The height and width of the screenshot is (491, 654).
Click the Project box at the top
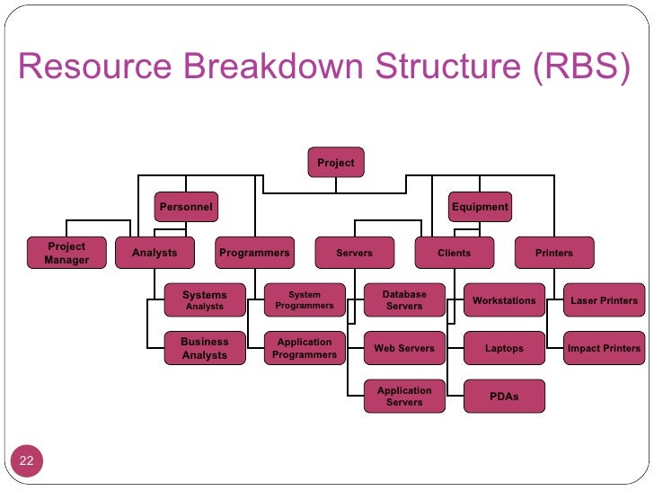pyautogui.click(x=336, y=163)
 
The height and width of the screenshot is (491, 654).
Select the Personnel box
pyautogui.click(x=186, y=207)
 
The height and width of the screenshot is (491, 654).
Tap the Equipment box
pyautogui.click(x=480, y=207)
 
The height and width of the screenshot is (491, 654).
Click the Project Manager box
pyautogui.click(x=66, y=253)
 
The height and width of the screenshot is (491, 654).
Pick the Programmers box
pyautogui.click(x=254, y=253)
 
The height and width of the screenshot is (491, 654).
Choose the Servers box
pyautogui.click(x=354, y=253)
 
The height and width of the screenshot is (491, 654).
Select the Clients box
pyautogui.click(x=454, y=253)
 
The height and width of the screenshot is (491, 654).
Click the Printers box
pyautogui.click(x=553, y=253)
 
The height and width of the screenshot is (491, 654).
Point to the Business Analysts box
pyautogui.click(x=205, y=348)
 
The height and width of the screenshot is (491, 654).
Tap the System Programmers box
pyautogui.click(x=305, y=300)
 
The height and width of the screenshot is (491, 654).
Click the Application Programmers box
pyautogui.click(x=305, y=348)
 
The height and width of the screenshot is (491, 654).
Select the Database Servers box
pyautogui.click(x=404, y=300)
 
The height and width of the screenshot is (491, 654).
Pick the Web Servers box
pyautogui.click(x=404, y=348)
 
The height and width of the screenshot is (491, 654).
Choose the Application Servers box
pyautogui.click(x=404, y=397)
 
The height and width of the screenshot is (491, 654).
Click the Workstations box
pyautogui.click(x=504, y=300)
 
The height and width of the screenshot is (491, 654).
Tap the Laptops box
pyautogui.click(x=504, y=348)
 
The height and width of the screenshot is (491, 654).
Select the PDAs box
pyautogui.click(x=504, y=397)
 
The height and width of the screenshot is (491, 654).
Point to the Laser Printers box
pyautogui.click(x=604, y=300)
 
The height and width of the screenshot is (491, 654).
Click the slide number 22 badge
pyautogui.click(x=27, y=461)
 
